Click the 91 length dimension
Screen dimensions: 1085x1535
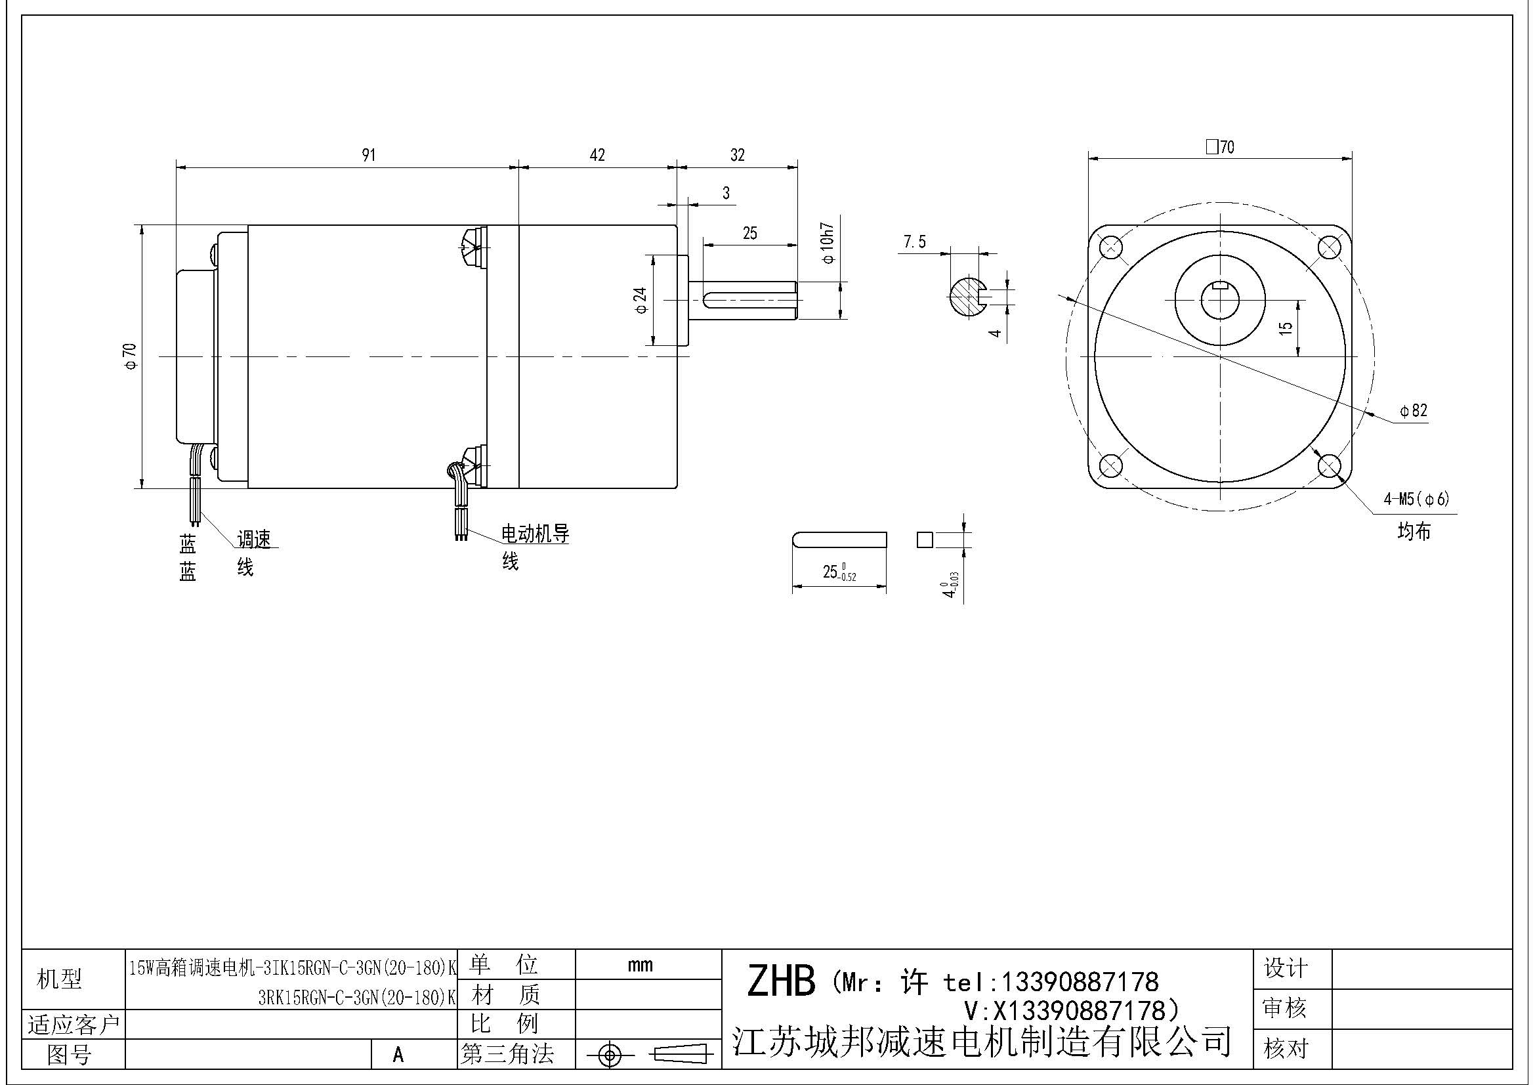point(368,155)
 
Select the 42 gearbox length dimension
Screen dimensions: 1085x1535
point(597,155)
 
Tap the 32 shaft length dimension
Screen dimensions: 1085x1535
point(737,155)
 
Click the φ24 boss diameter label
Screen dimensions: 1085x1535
point(641,300)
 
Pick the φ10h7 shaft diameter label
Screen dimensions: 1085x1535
point(828,244)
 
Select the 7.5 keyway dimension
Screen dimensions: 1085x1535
point(915,242)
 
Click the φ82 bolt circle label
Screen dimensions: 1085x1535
point(1414,410)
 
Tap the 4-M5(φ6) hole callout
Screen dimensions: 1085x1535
point(1416,499)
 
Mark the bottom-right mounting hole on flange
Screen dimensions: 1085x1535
point(1329,465)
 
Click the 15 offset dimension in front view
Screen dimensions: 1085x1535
point(1285,328)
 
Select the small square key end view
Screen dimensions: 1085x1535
point(925,540)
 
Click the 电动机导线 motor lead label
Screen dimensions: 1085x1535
point(535,534)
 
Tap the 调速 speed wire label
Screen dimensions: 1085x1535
point(254,539)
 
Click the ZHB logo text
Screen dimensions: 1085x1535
point(780,981)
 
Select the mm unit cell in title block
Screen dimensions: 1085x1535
point(640,965)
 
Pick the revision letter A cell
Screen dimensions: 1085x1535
point(398,1054)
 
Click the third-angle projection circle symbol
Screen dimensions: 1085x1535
point(609,1055)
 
